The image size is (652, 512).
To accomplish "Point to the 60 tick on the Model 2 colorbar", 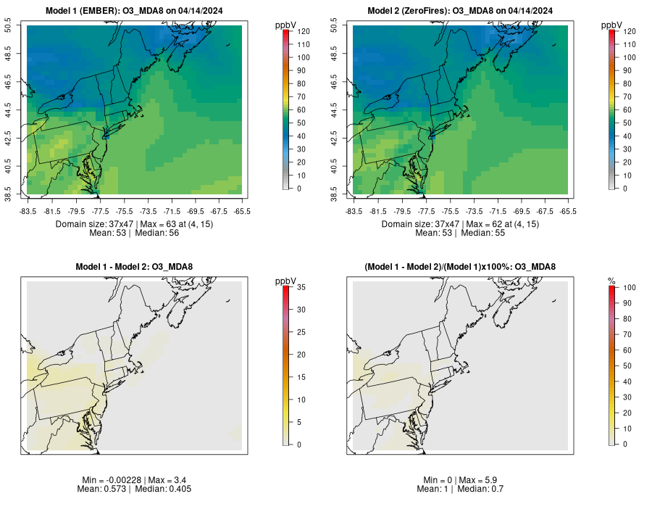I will (x=626, y=110).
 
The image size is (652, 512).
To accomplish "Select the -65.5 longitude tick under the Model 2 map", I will (x=569, y=211).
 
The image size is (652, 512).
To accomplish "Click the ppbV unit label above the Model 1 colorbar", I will (x=286, y=25).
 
